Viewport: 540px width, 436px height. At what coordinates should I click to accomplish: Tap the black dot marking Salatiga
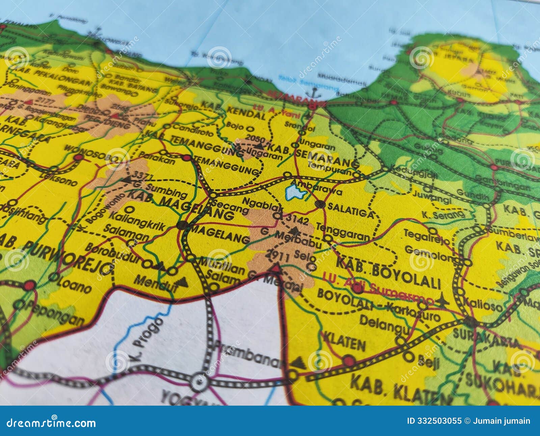tap(320, 204)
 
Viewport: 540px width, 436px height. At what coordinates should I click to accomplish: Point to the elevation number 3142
tap(297, 220)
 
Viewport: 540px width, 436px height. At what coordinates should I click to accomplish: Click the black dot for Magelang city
tap(182, 225)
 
